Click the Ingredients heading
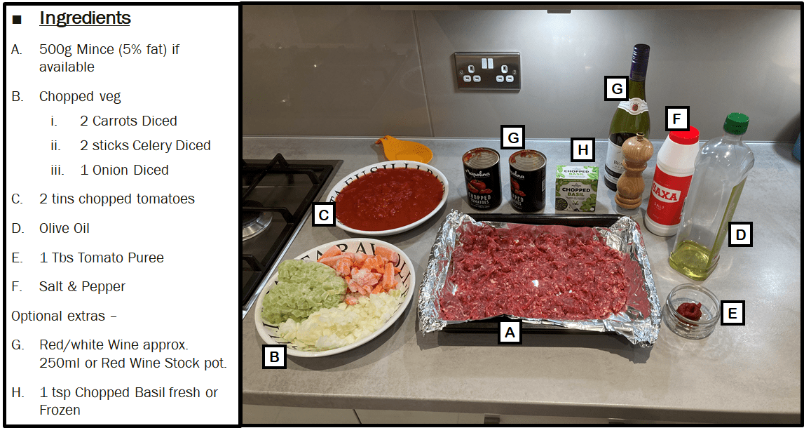[85, 18]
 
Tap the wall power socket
[487, 72]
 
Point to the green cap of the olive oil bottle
[736, 123]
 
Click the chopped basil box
[577, 187]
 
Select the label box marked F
[676, 118]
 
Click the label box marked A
[510, 331]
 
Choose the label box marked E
[733, 313]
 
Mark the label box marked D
[740, 234]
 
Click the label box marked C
[323, 214]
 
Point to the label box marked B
[274, 356]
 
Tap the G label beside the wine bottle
[617, 89]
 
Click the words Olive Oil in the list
[64, 228]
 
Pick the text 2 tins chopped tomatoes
[116, 199]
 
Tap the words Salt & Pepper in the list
[82, 286]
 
